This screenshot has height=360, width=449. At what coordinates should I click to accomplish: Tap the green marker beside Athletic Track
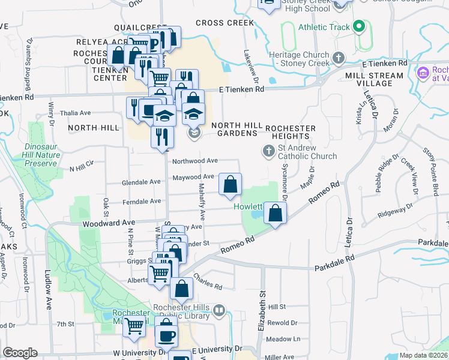(x=359, y=26)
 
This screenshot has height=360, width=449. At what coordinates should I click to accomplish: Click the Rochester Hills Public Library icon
(x=219, y=311)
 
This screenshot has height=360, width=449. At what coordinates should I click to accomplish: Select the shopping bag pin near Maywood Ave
(x=230, y=185)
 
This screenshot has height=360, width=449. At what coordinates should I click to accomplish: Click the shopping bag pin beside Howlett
(x=275, y=214)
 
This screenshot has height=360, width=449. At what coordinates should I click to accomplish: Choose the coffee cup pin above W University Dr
(x=166, y=334)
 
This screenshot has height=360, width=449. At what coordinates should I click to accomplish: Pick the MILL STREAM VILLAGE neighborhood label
(x=374, y=80)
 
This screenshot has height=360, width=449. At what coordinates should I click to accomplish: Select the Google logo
(x=20, y=353)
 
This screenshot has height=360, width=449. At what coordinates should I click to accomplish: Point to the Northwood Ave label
(x=194, y=161)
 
